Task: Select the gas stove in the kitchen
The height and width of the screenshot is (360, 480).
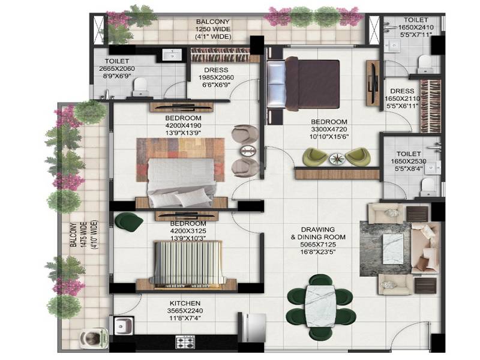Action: pos(185,343)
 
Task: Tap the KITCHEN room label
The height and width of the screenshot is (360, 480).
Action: pos(184,304)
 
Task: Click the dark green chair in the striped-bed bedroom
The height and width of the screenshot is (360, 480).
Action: pos(129,222)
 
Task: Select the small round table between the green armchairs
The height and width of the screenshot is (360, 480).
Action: pos(335,158)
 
